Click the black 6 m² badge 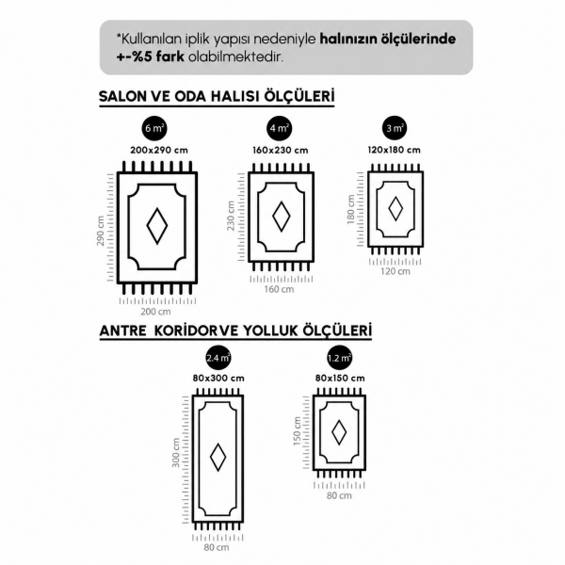(154, 128)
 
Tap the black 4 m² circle (280, 128)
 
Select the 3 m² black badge (395, 128)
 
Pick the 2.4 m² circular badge (218, 358)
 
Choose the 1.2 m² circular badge (339, 358)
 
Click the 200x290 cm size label (159, 151)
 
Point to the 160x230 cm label (281, 151)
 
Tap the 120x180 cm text (395, 150)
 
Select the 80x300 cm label (218, 379)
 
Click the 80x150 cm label (340, 379)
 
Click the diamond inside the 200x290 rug (157, 226)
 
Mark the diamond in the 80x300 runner (218, 457)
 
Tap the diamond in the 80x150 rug (339, 432)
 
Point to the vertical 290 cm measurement (101, 231)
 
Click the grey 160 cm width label (279, 289)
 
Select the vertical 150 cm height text (297, 431)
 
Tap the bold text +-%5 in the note (132, 56)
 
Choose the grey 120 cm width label (395, 271)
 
